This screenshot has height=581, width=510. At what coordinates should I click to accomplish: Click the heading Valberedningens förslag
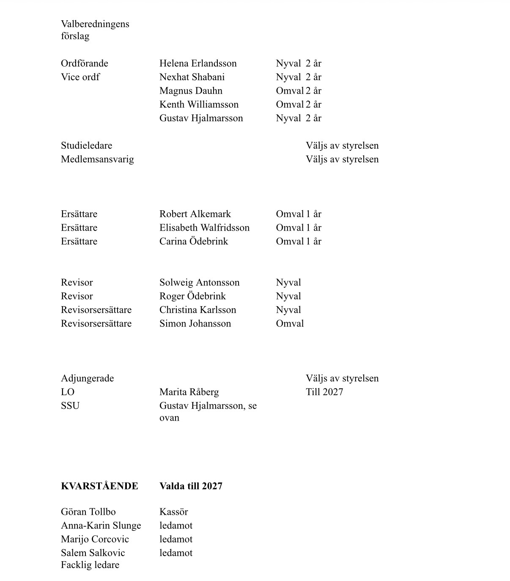[95, 30]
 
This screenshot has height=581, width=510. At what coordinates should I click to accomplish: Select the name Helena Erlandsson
[198, 63]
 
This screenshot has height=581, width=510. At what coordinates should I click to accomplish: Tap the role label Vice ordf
[80, 77]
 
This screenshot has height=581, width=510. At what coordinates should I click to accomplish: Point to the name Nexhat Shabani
[192, 77]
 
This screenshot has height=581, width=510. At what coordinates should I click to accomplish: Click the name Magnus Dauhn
[191, 91]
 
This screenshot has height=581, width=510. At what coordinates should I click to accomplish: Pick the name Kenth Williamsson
[199, 104]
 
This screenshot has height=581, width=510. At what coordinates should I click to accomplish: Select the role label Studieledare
[86, 145]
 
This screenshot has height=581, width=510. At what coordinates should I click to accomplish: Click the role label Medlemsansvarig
[97, 159]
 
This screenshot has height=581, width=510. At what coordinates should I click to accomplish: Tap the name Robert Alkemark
[195, 214]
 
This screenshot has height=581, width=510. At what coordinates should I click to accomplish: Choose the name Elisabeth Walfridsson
[204, 228]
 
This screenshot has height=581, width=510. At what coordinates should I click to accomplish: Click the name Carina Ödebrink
[194, 241]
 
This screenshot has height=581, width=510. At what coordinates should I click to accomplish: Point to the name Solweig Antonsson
[199, 282]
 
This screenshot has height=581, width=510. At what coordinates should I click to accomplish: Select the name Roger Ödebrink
[192, 296]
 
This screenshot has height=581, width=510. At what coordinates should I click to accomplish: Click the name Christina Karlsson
[197, 310]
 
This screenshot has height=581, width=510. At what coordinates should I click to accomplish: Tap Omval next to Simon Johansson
[290, 323]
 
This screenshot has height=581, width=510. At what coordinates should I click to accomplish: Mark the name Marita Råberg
[189, 392]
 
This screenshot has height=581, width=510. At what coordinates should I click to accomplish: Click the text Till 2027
[324, 392]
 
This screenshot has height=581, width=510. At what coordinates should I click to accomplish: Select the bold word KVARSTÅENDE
[99, 486]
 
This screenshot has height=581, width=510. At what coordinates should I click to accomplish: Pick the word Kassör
[173, 512]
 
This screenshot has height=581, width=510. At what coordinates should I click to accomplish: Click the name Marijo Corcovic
[95, 539]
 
